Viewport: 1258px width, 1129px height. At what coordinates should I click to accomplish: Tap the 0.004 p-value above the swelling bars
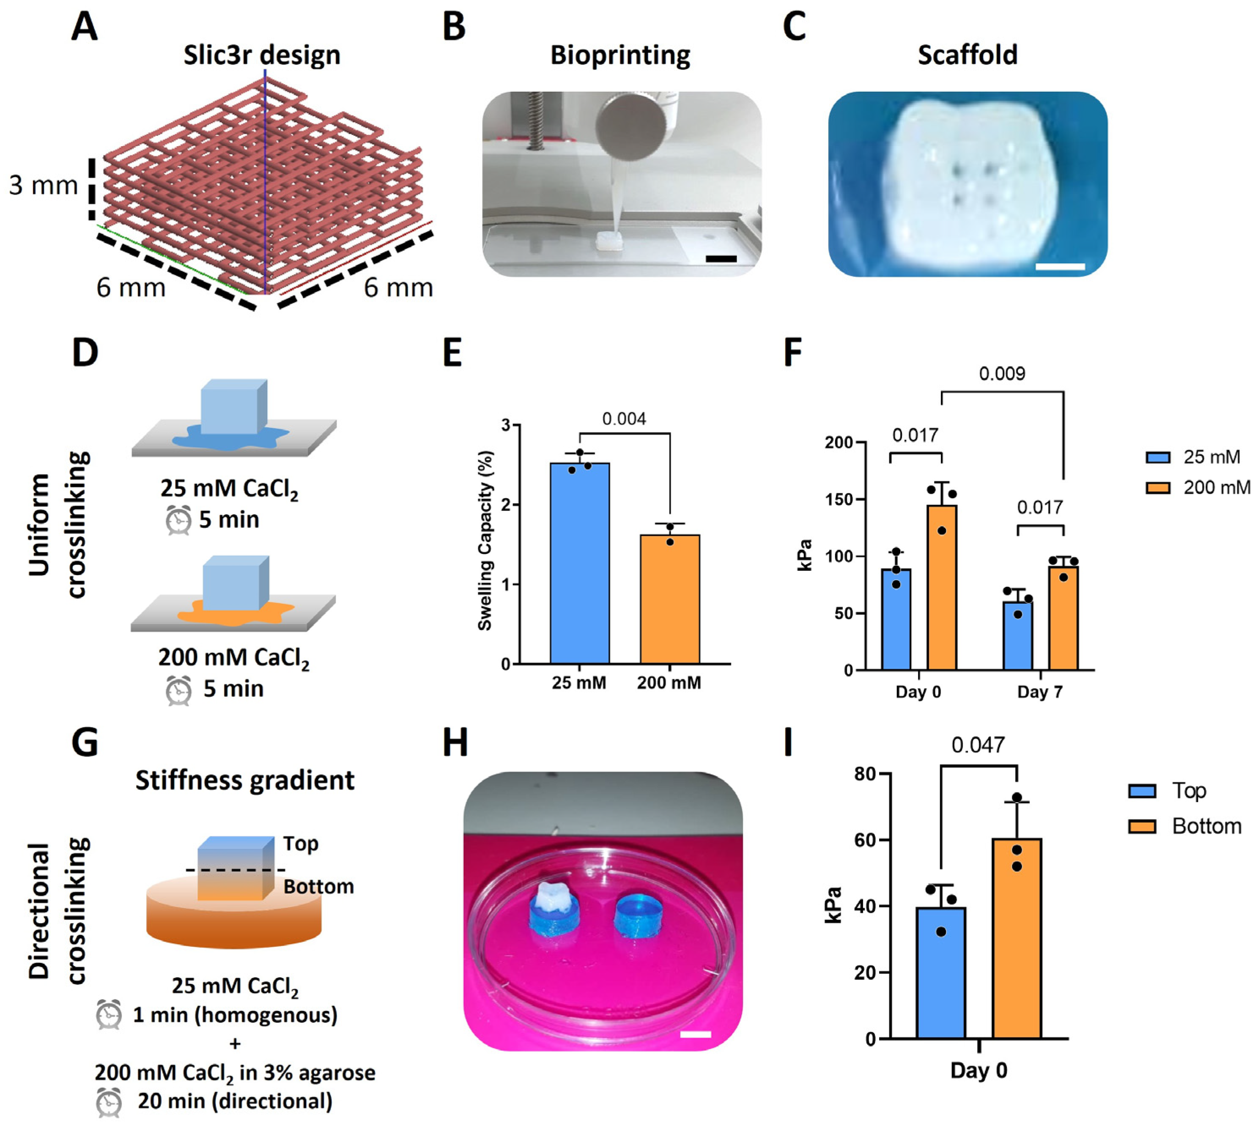coord(624,419)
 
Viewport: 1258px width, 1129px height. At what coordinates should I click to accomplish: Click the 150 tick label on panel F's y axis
coord(839,499)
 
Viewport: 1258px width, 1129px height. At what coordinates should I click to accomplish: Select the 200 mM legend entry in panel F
coord(1197,488)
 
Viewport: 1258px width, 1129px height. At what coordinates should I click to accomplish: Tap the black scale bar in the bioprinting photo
coord(721,259)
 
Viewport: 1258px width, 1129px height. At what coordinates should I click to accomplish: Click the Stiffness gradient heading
coord(245,781)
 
